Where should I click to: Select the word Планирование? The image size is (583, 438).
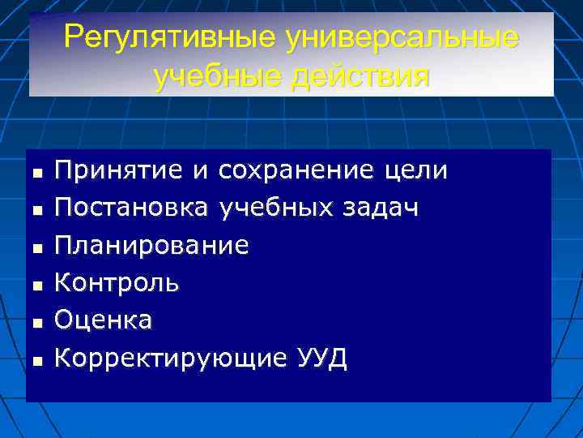tap(151, 245)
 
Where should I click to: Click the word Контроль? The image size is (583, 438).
tap(117, 283)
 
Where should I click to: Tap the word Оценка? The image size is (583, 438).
tap(103, 320)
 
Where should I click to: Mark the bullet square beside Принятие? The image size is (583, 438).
tap(37, 173)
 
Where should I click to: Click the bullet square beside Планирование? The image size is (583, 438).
tap(37, 247)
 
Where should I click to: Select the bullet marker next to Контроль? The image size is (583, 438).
tap(37, 286)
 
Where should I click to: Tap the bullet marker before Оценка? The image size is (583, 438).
tap(37, 323)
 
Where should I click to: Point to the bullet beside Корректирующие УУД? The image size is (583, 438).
tap(37, 360)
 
